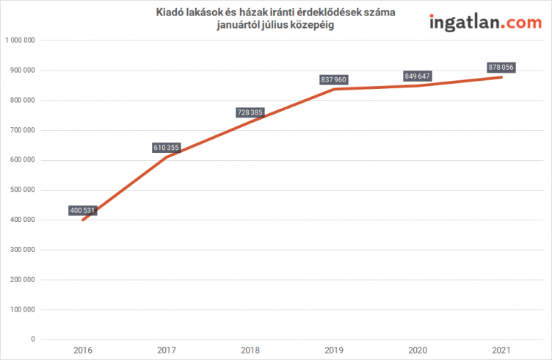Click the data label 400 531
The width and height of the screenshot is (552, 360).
[x=83, y=210]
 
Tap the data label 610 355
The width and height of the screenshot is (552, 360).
[x=167, y=148]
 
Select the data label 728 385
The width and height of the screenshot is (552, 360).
[x=250, y=112]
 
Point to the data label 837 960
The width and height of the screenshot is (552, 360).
[x=333, y=79]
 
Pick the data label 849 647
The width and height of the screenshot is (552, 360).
[x=417, y=76]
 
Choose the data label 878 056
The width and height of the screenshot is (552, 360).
[x=501, y=68]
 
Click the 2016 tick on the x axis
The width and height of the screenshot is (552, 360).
[x=83, y=351]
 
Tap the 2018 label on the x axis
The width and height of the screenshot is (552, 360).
[x=250, y=351]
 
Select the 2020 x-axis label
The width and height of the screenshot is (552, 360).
[x=417, y=351]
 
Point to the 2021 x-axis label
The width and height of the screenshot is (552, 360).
[x=501, y=351]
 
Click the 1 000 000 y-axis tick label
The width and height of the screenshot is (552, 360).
[x=21, y=40]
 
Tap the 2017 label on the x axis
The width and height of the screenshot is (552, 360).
[x=167, y=351]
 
